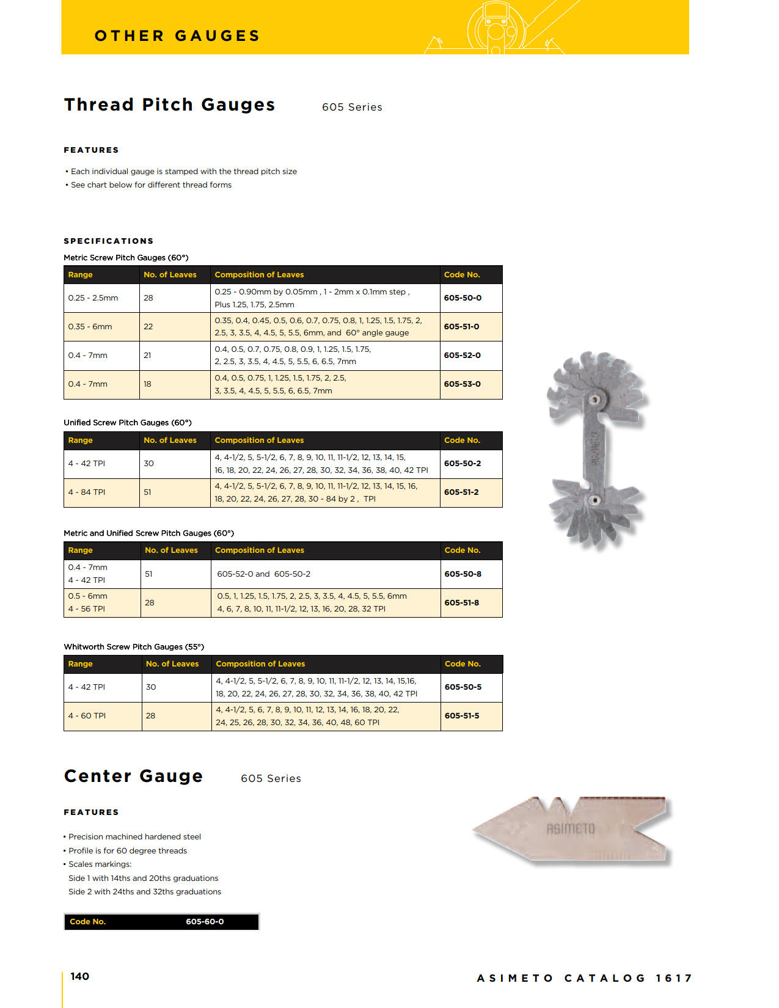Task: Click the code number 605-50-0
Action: coord(463,298)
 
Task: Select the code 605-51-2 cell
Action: coord(461,492)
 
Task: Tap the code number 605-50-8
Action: coord(463,574)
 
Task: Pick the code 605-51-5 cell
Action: coord(462,716)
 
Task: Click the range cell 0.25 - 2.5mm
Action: coord(93,298)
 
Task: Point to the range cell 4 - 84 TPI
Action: coord(87,492)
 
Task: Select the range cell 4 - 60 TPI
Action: coord(87,716)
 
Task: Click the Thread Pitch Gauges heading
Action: coord(169,105)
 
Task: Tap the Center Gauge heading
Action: coord(133,776)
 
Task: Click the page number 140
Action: coord(79,976)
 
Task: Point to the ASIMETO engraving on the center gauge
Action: coord(570,829)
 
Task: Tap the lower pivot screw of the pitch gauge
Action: coord(592,500)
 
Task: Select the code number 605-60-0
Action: coord(205,922)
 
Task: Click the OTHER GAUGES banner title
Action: coord(177,36)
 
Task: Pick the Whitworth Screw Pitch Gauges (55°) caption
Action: coord(134,647)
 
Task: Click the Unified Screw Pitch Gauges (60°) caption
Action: coord(128,423)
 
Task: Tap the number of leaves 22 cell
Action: coord(148,327)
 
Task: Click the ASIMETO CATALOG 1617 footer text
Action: coord(584,978)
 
